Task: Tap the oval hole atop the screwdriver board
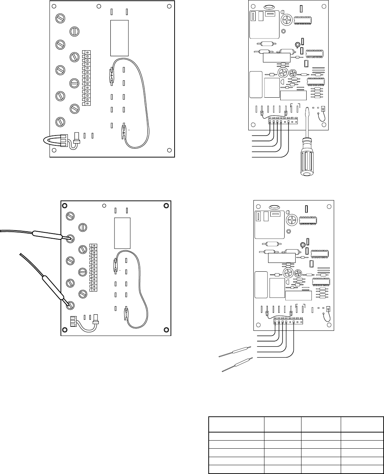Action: pyautogui.click(x=269, y=7)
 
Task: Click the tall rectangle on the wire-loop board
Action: pyautogui.click(x=119, y=37)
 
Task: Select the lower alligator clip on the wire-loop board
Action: pyautogui.click(x=125, y=129)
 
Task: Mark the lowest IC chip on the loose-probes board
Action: pyautogui.click(x=322, y=282)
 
